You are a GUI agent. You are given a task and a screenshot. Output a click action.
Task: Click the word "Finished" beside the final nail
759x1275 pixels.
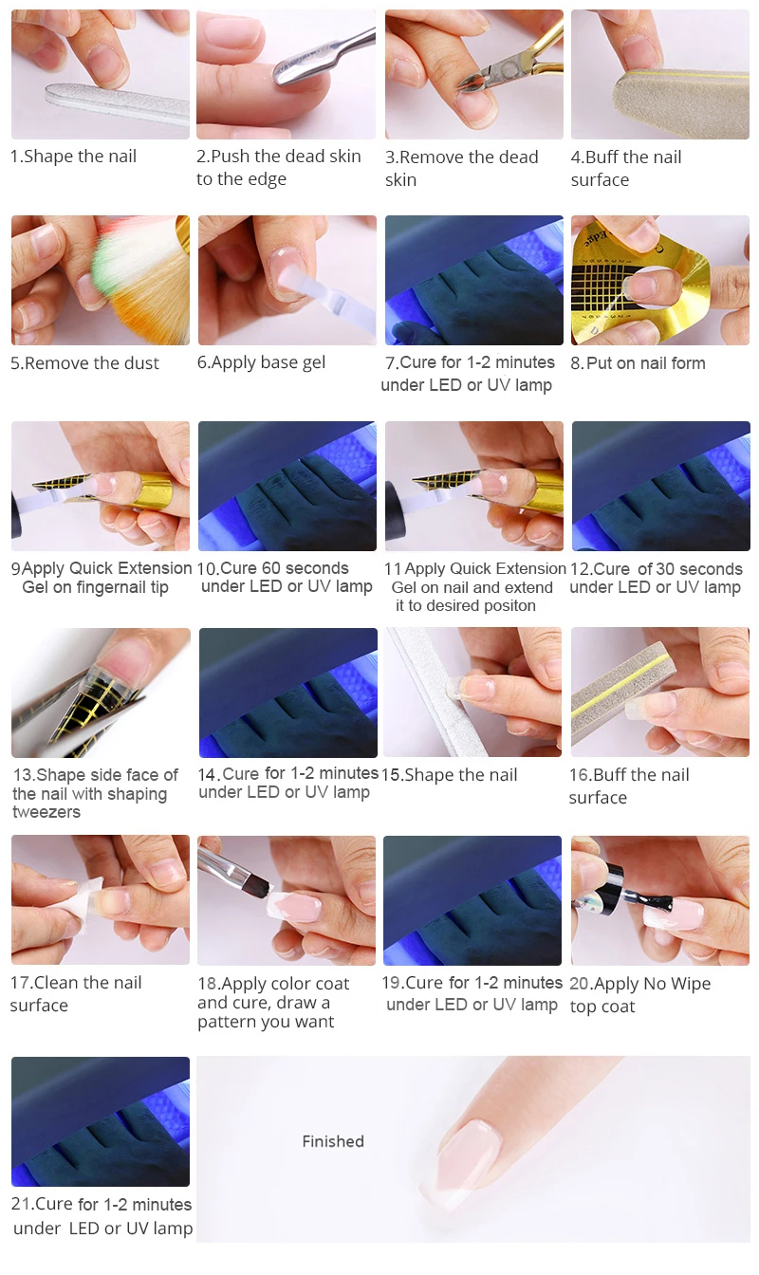332,1141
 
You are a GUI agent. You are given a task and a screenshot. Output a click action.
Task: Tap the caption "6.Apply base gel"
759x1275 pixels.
261,362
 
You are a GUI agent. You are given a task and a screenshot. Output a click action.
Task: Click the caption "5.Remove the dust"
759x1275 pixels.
84,363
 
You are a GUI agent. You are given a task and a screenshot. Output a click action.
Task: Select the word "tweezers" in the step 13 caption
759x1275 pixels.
46,812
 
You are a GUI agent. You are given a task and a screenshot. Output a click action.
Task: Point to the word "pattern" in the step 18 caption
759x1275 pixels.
226,1022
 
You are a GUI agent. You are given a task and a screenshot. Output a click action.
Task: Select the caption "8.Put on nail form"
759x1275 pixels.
638,363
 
